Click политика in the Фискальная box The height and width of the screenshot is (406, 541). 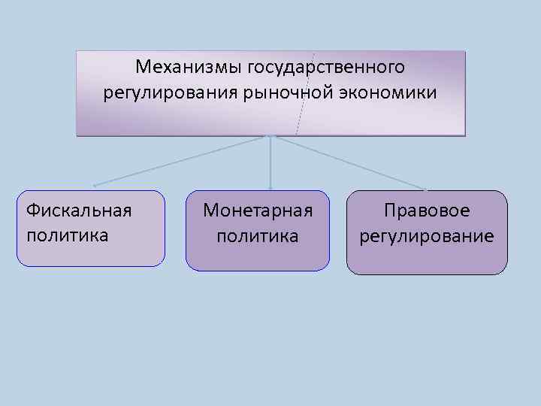click(67, 234)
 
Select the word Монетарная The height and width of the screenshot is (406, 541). click(258, 211)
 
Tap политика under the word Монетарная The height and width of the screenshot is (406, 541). click(258, 236)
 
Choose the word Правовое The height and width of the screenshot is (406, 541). click(427, 211)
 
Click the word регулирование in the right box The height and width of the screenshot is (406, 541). click(427, 236)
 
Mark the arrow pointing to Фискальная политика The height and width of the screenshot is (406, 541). click(180, 161)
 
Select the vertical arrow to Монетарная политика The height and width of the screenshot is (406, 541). click(270, 162)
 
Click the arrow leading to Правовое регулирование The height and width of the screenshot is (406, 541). click(349, 162)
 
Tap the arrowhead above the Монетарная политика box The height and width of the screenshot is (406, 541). click(270, 186)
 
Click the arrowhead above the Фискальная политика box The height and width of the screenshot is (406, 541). click(95, 185)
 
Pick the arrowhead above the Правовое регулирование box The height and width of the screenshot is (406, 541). click(426, 189)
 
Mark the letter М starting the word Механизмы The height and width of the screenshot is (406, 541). click(143, 68)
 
